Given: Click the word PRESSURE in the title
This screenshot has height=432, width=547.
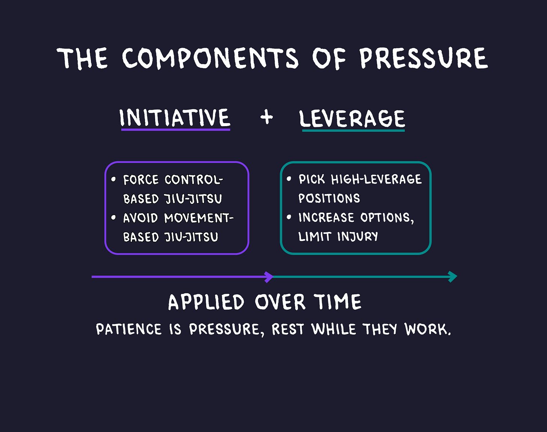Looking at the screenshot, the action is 423,59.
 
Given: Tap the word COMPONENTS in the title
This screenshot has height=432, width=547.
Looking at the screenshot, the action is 210,59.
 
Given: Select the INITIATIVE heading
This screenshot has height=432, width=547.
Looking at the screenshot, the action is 175,118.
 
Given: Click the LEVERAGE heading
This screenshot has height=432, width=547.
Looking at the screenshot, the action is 352,119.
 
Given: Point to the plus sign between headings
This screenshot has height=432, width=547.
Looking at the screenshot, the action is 266,117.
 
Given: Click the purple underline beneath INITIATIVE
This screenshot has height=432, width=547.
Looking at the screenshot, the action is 175,129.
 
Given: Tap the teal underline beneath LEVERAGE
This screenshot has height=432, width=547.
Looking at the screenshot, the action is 353,130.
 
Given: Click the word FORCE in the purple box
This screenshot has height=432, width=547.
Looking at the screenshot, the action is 141,180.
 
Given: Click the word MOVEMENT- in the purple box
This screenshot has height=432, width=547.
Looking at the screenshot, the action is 199,218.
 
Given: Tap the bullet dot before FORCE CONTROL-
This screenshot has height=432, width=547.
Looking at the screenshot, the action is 113,179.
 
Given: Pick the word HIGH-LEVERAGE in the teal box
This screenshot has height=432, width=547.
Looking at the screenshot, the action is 376,179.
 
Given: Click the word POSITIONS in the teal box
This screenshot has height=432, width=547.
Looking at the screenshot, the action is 329,198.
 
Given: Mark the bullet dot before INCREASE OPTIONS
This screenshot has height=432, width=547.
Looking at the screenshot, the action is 289,217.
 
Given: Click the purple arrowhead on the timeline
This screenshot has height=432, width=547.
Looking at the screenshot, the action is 269,277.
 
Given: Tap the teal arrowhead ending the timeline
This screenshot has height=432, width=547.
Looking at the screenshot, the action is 453,277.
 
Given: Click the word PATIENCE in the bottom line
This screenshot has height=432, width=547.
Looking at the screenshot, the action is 129,330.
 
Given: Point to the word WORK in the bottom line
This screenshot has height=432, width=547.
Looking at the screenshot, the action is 427,329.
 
